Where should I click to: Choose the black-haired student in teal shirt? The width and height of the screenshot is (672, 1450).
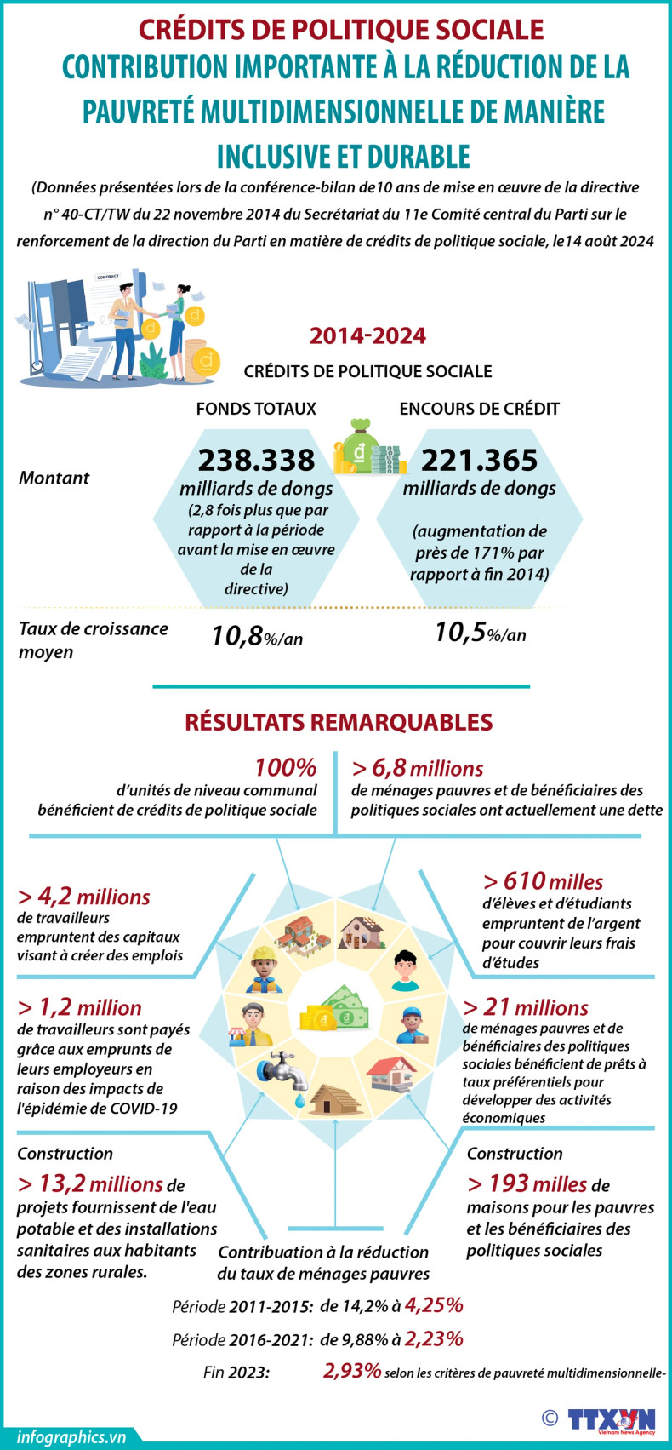[407, 971]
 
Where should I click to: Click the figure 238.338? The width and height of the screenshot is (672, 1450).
[256, 461]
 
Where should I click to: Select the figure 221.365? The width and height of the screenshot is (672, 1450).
[479, 461]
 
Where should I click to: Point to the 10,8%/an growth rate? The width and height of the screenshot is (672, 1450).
[257, 636]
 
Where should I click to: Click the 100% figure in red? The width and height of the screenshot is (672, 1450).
[285, 767]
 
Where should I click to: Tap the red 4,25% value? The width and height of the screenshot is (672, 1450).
[434, 1305]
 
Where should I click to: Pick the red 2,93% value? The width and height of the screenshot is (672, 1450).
[351, 1371]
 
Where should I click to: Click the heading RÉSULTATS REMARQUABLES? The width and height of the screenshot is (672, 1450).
[339, 722]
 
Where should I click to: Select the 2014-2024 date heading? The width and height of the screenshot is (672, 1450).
[367, 335]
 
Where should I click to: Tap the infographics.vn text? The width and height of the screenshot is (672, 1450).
[71, 1436]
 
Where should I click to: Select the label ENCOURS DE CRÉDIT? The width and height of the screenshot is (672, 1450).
[479, 409]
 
